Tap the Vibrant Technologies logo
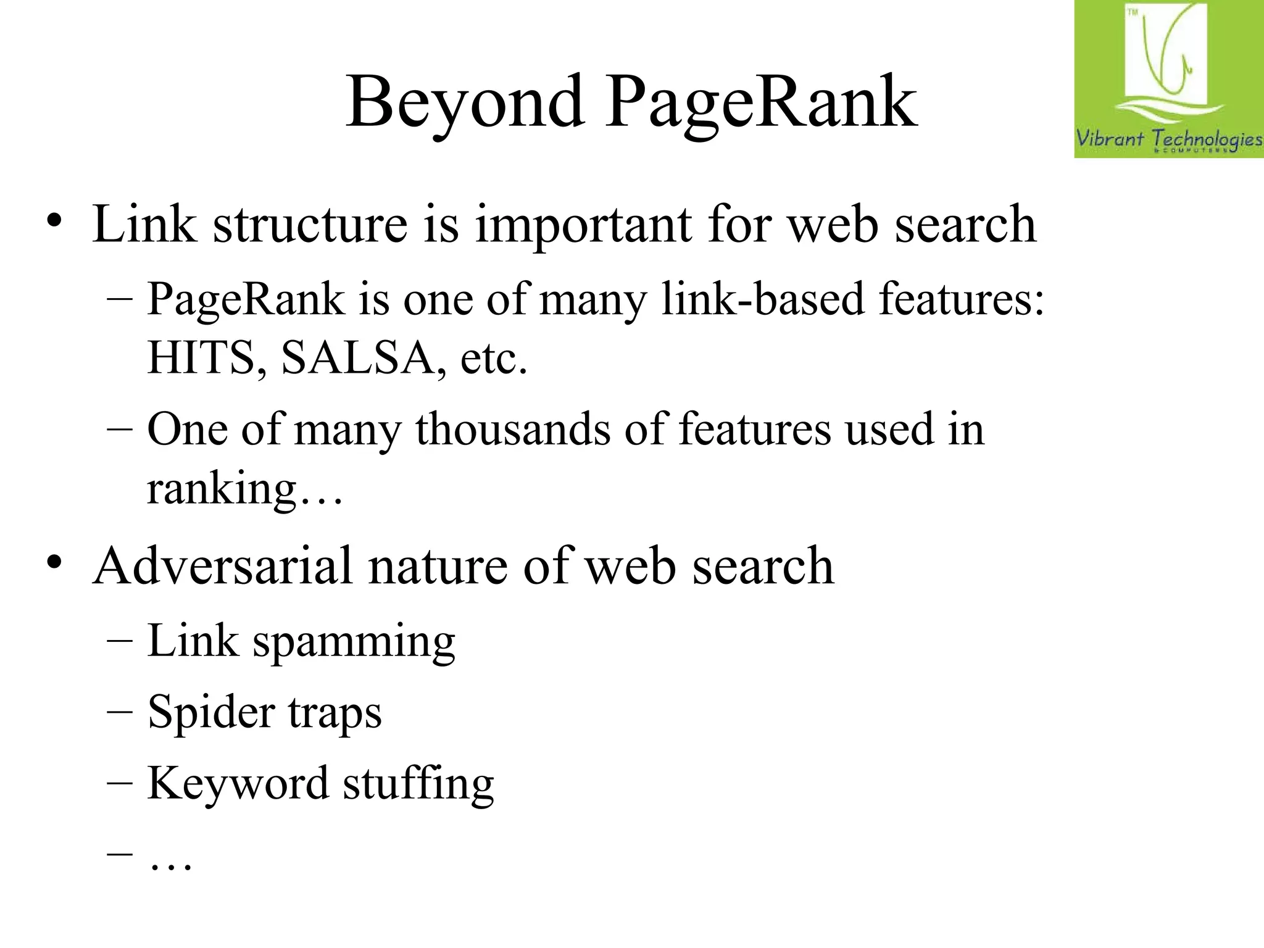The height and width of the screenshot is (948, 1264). [x=1168, y=79]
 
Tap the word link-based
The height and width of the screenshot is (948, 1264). [x=763, y=299]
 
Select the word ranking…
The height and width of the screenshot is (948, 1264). [x=244, y=489]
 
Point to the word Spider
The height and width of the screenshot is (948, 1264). [x=211, y=713]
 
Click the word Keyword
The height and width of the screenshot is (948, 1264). [x=238, y=783]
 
